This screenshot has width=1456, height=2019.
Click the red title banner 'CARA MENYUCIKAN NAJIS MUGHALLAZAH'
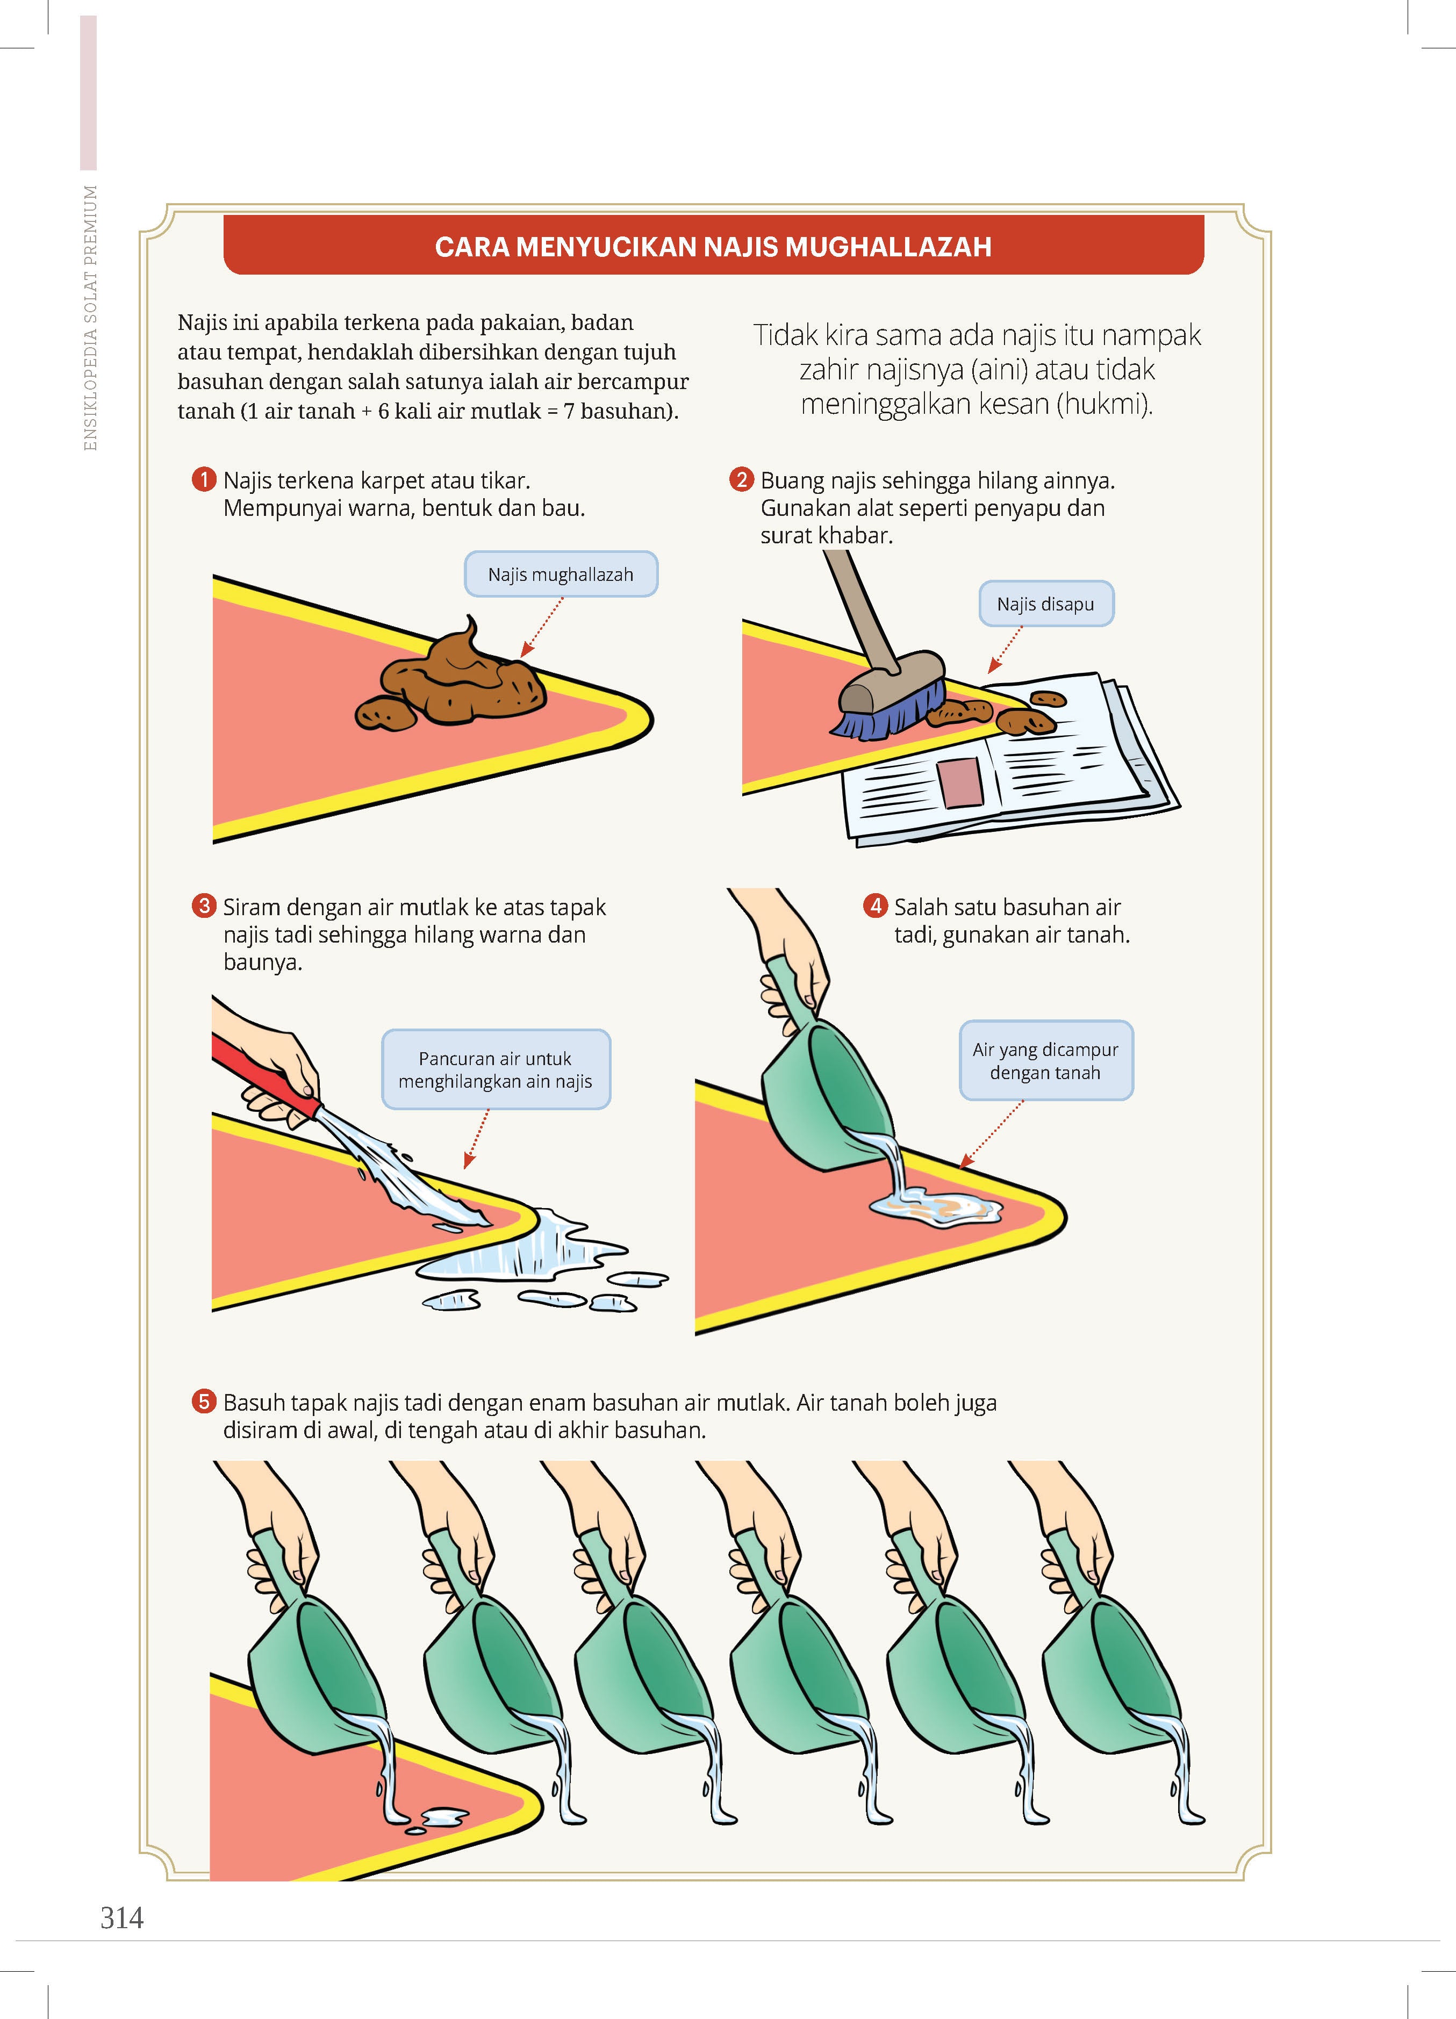coord(713,245)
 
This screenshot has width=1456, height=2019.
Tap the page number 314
coord(122,1917)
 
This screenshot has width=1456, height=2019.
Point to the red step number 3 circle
coord(204,906)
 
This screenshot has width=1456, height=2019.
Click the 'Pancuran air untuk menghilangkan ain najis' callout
coord(496,1069)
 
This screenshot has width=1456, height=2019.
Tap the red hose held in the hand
coord(266,1076)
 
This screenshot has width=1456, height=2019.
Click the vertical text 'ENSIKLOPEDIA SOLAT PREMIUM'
coord(90,318)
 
